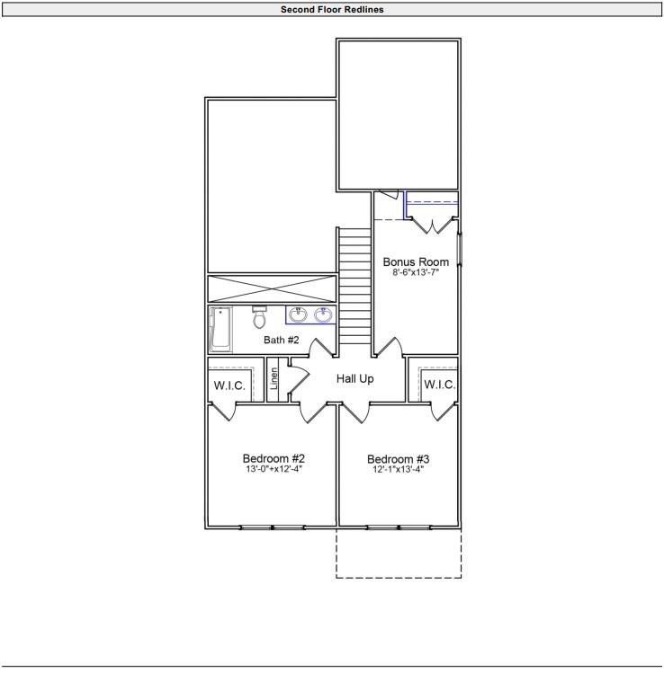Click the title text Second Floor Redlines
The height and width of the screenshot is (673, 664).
(332, 10)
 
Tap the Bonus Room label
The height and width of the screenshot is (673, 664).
(415, 262)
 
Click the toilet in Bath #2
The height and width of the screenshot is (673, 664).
(259, 317)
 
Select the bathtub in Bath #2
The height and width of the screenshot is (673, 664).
(220, 328)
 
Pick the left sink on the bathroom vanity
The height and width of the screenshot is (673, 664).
(297, 314)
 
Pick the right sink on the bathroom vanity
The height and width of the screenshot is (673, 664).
(322, 314)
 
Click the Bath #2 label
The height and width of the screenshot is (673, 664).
(281, 340)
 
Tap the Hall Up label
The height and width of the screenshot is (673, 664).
(354, 379)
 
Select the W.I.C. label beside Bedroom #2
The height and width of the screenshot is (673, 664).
(229, 385)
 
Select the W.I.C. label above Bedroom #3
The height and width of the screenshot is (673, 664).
(439, 385)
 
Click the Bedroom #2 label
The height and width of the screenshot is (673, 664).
(273, 457)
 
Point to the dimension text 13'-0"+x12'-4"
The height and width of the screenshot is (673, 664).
(272, 469)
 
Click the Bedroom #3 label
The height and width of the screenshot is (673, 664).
(398, 457)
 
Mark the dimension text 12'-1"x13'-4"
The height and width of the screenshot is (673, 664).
(398, 469)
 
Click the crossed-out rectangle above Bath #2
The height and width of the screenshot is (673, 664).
(272, 288)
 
